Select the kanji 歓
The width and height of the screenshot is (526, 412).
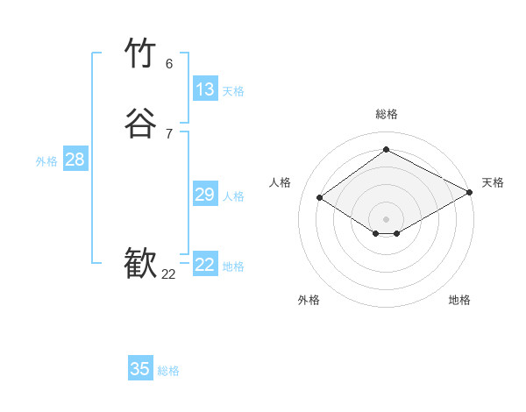[x=140, y=264]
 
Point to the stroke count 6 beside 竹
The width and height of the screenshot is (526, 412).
[x=169, y=64]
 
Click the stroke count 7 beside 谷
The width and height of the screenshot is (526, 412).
[x=169, y=133]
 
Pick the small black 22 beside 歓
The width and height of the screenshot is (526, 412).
[x=168, y=274]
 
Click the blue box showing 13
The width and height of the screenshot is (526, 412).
[x=204, y=89]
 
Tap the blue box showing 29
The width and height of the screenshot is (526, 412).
[x=204, y=195]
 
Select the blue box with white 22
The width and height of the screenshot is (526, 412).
[x=204, y=265]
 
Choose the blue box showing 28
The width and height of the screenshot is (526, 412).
[x=75, y=160]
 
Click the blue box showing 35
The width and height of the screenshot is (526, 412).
[x=140, y=369]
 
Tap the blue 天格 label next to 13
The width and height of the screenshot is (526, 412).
[x=233, y=91]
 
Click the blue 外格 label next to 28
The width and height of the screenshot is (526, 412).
[x=46, y=161]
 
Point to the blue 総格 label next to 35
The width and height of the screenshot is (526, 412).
[x=168, y=371]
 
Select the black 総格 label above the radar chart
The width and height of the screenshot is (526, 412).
[x=387, y=114]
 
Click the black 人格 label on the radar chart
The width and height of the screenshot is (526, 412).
[x=281, y=182]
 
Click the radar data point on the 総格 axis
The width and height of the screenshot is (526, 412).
[x=387, y=149]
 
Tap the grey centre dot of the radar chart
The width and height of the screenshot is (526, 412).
[x=387, y=218]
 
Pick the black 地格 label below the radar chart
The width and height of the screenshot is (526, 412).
[x=459, y=301]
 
